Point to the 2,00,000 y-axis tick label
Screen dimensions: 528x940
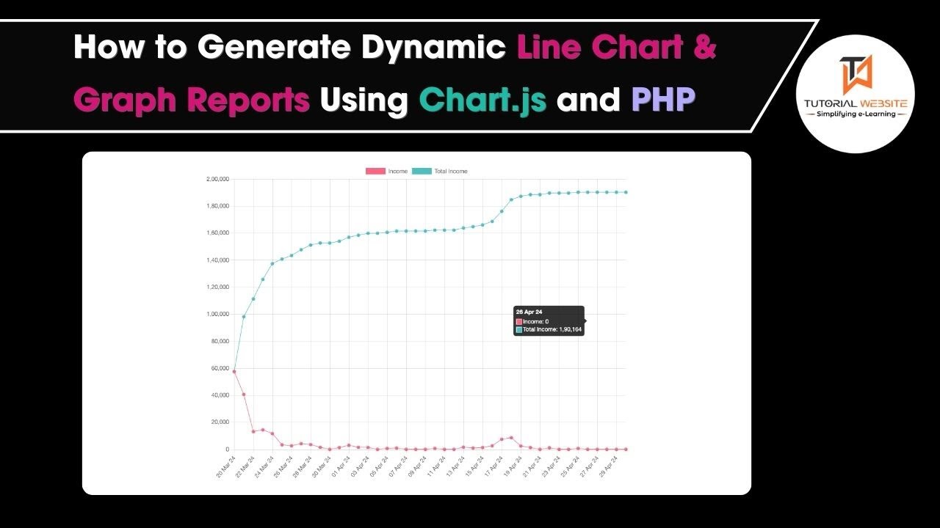coord(218,179)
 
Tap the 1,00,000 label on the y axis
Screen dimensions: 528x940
coord(218,314)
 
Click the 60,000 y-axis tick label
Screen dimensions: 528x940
coord(220,368)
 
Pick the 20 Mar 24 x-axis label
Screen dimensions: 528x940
coord(225,466)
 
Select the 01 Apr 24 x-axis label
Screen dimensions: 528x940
coord(339,466)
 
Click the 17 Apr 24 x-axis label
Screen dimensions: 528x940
coord(491,466)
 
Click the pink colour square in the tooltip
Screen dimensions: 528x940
coord(519,321)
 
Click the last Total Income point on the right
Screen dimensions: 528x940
coord(626,192)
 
